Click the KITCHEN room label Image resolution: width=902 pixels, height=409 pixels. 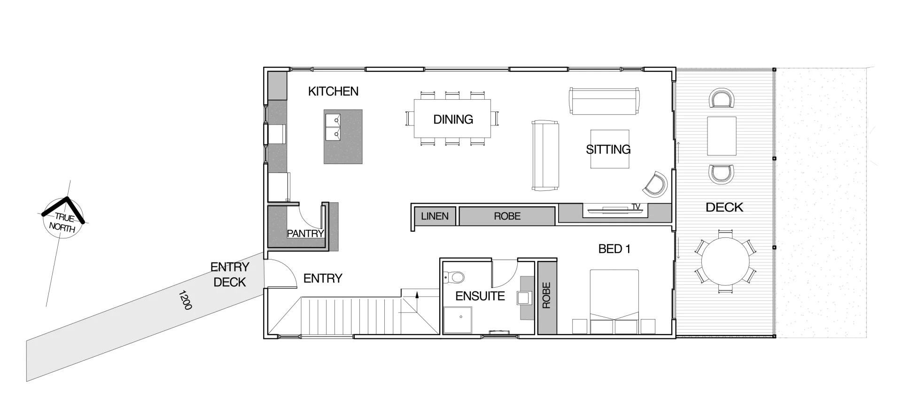pyautogui.click(x=333, y=91)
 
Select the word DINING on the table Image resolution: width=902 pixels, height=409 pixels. pyautogui.click(x=453, y=119)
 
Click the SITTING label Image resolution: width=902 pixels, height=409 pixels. pyautogui.click(x=608, y=149)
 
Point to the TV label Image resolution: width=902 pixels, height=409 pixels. pyautogui.click(x=636, y=207)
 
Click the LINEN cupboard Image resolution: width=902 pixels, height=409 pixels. pyautogui.click(x=435, y=216)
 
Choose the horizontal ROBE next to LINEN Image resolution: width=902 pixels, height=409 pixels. pyautogui.click(x=507, y=216)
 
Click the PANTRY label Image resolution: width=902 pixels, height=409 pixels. pyautogui.click(x=305, y=233)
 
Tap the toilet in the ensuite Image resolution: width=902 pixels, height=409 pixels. pyautogui.click(x=454, y=277)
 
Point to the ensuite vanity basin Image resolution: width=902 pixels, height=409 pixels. pyautogui.click(x=523, y=298)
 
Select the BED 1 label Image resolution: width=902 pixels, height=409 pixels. pyautogui.click(x=614, y=249)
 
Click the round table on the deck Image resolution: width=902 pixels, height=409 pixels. pyautogui.click(x=725, y=261)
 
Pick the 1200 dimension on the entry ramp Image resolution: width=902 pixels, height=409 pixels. pyautogui.click(x=185, y=300)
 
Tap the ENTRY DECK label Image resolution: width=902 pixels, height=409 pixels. pyautogui.click(x=230, y=275)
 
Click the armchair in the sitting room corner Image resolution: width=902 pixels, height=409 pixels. pyautogui.click(x=656, y=184)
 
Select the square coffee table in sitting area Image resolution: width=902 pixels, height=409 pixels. pyautogui.click(x=610, y=149)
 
